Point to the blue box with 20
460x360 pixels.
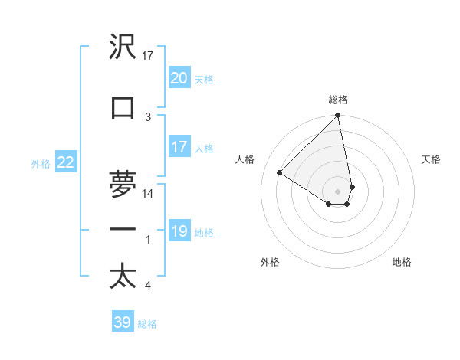[179, 77]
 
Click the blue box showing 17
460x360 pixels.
[179, 147]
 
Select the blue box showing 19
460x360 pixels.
[179, 231]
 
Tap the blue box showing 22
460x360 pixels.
[66, 162]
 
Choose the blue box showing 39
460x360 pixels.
[122, 322]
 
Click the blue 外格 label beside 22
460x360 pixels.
[41, 163]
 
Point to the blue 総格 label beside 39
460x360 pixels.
[147, 324]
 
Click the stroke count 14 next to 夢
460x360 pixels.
[148, 194]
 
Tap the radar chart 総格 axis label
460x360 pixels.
[338, 100]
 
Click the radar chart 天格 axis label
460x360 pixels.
[432, 159]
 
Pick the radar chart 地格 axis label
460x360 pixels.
[402, 262]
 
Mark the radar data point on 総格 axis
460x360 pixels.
[337, 116]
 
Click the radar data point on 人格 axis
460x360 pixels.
[280, 173]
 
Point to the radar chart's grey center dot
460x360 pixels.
[337, 191]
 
